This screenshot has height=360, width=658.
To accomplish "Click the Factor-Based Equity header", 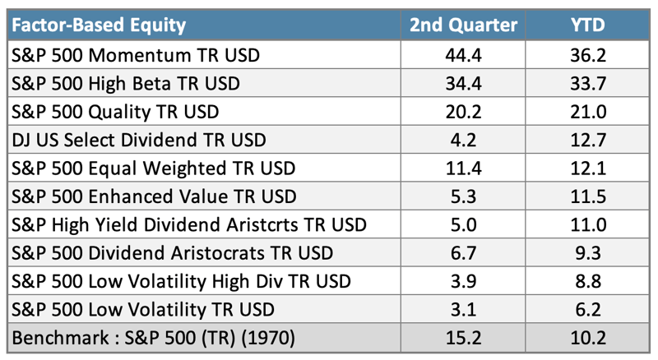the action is click(x=99, y=25).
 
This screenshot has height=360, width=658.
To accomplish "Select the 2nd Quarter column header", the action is click(x=463, y=25).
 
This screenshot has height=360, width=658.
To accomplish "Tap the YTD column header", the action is click(x=588, y=25).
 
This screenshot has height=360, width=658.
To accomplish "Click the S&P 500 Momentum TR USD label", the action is click(x=136, y=55).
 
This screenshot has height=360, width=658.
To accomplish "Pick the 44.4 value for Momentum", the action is click(x=463, y=55).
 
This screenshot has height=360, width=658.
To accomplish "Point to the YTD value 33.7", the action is click(x=588, y=84).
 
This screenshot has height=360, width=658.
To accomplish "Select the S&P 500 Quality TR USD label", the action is click(x=115, y=112).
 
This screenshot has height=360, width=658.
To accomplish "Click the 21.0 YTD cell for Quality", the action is click(x=588, y=112).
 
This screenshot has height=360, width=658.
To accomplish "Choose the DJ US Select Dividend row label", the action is click(x=139, y=141).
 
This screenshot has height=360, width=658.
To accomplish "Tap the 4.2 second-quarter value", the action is click(x=463, y=141).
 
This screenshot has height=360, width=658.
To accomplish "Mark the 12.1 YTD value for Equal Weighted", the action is click(x=588, y=168).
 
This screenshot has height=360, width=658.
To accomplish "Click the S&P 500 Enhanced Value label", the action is click(x=154, y=196).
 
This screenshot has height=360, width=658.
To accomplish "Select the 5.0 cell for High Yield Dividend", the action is click(x=463, y=225).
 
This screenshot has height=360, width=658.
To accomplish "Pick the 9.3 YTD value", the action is click(x=588, y=253).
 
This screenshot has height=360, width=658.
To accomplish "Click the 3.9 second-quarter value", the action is click(x=463, y=282).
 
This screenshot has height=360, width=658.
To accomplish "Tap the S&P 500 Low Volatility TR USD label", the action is click(x=143, y=310).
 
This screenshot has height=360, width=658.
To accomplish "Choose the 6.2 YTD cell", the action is click(x=588, y=310).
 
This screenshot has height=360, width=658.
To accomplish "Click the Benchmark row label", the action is click(x=154, y=338).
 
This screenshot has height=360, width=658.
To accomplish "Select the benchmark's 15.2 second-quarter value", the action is click(x=463, y=338).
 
